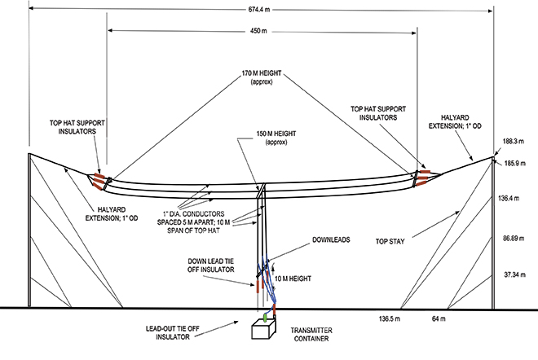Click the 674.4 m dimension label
tap(262, 9)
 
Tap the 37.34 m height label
tap(512, 275)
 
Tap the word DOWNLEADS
tap(334, 241)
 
